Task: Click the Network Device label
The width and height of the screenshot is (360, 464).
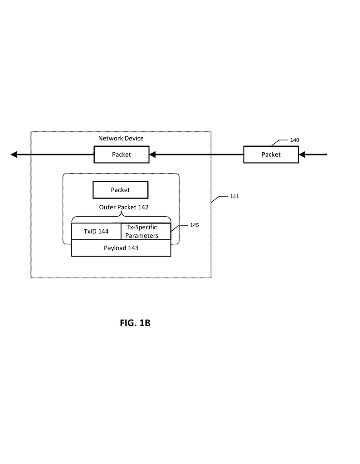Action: click(121, 138)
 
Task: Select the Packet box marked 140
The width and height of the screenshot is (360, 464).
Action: click(271, 155)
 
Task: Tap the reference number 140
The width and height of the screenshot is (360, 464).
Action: click(295, 140)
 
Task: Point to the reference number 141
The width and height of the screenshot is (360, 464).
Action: click(234, 196)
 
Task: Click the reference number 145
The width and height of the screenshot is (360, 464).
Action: click(195, 225)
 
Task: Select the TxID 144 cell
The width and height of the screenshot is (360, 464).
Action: click(96, 232)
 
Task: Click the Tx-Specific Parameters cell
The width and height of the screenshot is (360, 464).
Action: click(146, 232)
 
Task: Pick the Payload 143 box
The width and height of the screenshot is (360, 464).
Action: click(121, 248)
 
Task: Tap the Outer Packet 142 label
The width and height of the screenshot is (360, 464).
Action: click(124, 207)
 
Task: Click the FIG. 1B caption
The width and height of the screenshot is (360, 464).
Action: click(135, 323)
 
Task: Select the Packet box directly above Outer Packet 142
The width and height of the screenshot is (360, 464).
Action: click(121, 190)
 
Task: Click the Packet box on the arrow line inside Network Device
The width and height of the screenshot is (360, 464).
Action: click(122, 155)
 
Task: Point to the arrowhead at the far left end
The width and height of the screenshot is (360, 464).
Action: click(14, 155)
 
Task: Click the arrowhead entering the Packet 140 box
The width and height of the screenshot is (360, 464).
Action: click(302, 155)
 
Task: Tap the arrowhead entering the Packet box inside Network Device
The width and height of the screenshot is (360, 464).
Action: click(152, 155)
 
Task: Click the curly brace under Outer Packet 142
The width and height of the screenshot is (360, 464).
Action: click(122, 217)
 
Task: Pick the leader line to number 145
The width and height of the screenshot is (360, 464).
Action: click(180, 228)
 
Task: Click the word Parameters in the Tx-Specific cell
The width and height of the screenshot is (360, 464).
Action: click(141, 236)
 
